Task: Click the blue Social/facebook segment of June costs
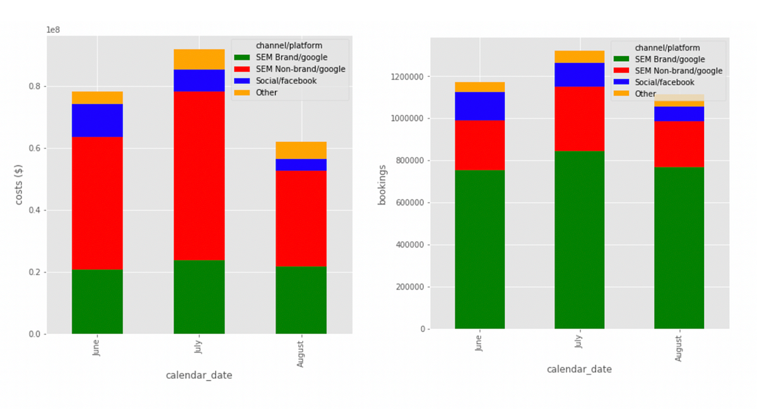(97, 121)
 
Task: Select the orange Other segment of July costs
(199, 59)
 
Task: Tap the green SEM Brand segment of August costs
(301, 300)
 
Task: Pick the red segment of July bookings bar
(580, 119)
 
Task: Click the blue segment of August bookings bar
(679, 114)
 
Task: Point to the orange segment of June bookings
(480, 87)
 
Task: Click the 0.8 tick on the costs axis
(35, 86)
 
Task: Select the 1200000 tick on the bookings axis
(407, 77)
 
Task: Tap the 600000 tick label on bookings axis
(409, 203)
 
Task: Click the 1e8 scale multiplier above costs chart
(53, 30)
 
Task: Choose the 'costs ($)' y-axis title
(18, 184)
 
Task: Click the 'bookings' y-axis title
(382, 185)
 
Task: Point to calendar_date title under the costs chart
(199, 375)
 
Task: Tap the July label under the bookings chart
(578, 341)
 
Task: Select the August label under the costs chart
(300, 354)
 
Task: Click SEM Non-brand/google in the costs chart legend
(300, 69)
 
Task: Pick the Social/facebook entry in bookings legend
(664, 83)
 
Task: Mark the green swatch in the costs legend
(242, 57)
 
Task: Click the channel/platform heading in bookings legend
(667, 48)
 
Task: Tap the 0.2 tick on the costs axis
(35, 273)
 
